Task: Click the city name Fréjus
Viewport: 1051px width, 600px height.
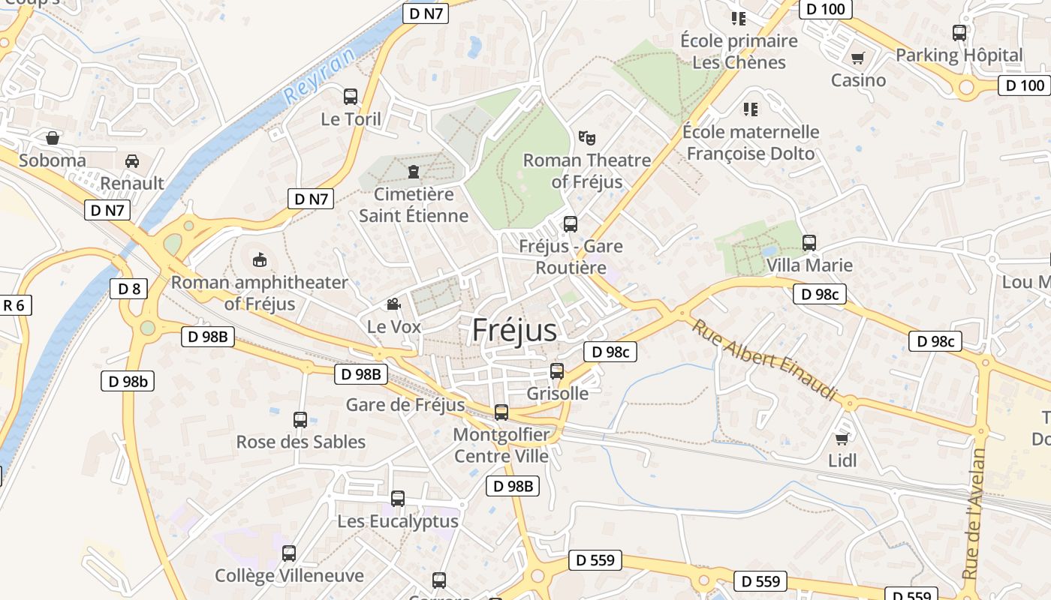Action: click(515, 331)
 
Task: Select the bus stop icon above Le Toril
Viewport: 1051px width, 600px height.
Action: click(351, 97)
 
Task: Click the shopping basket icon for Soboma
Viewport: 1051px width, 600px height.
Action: click(53, 138)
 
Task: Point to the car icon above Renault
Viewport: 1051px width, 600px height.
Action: click(132, 161)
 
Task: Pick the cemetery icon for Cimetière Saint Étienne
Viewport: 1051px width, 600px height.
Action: click(413, 172)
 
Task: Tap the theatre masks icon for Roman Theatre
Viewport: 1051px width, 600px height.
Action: click(586, 138)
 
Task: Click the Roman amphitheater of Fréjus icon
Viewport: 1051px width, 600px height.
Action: click(259, 260)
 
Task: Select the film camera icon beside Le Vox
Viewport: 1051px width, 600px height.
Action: click(393, 304)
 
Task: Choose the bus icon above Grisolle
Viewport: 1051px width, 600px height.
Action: click(557, 370)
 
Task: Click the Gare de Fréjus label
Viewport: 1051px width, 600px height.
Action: click(405, 405)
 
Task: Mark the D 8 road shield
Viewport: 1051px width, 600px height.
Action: click(129, 289)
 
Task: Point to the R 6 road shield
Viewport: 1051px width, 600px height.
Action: click(14, 305)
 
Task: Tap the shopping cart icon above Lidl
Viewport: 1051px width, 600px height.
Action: click(842, 439)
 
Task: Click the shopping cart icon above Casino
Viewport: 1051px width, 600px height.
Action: click(858, 58)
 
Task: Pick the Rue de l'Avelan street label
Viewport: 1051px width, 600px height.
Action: click(973, 514)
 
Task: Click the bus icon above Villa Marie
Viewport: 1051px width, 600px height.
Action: click(809, 243)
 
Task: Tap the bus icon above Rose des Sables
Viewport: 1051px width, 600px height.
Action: click(300, 420)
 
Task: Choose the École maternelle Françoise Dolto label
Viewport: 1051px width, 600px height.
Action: click(751, 142)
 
